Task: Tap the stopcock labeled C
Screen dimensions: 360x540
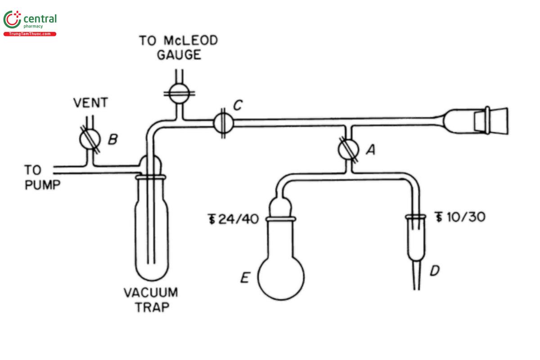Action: (223, 122)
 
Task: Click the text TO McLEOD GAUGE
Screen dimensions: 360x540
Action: (178, 48)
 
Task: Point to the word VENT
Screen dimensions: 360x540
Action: (91, 103)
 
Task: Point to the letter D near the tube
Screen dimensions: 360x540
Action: (434, 271)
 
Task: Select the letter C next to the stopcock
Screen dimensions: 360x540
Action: (238, 106)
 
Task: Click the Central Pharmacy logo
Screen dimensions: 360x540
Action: (30, 22)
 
